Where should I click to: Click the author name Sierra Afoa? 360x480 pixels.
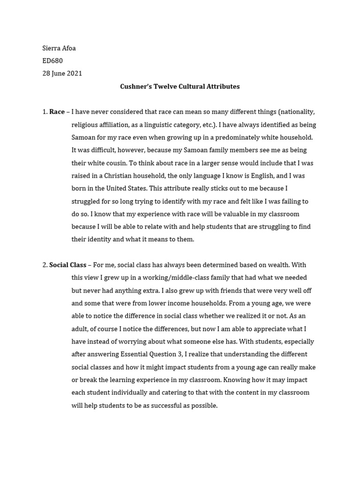[x=59, y=48]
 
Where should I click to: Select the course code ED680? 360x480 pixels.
[x=52, y=61]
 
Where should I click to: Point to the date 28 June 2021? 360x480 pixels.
[x=62, y=74]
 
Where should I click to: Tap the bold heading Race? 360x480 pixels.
[x=57, y=112]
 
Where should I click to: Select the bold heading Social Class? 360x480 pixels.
[x=67, y=265]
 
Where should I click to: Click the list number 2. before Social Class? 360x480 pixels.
[x=45, y=265]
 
